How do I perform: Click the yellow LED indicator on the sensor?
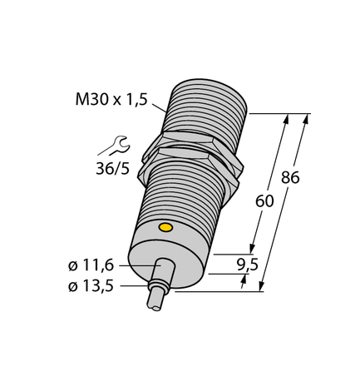(165, 226)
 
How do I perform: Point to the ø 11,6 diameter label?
(92, 265)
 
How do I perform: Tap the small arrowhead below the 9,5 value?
(244, 281)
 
